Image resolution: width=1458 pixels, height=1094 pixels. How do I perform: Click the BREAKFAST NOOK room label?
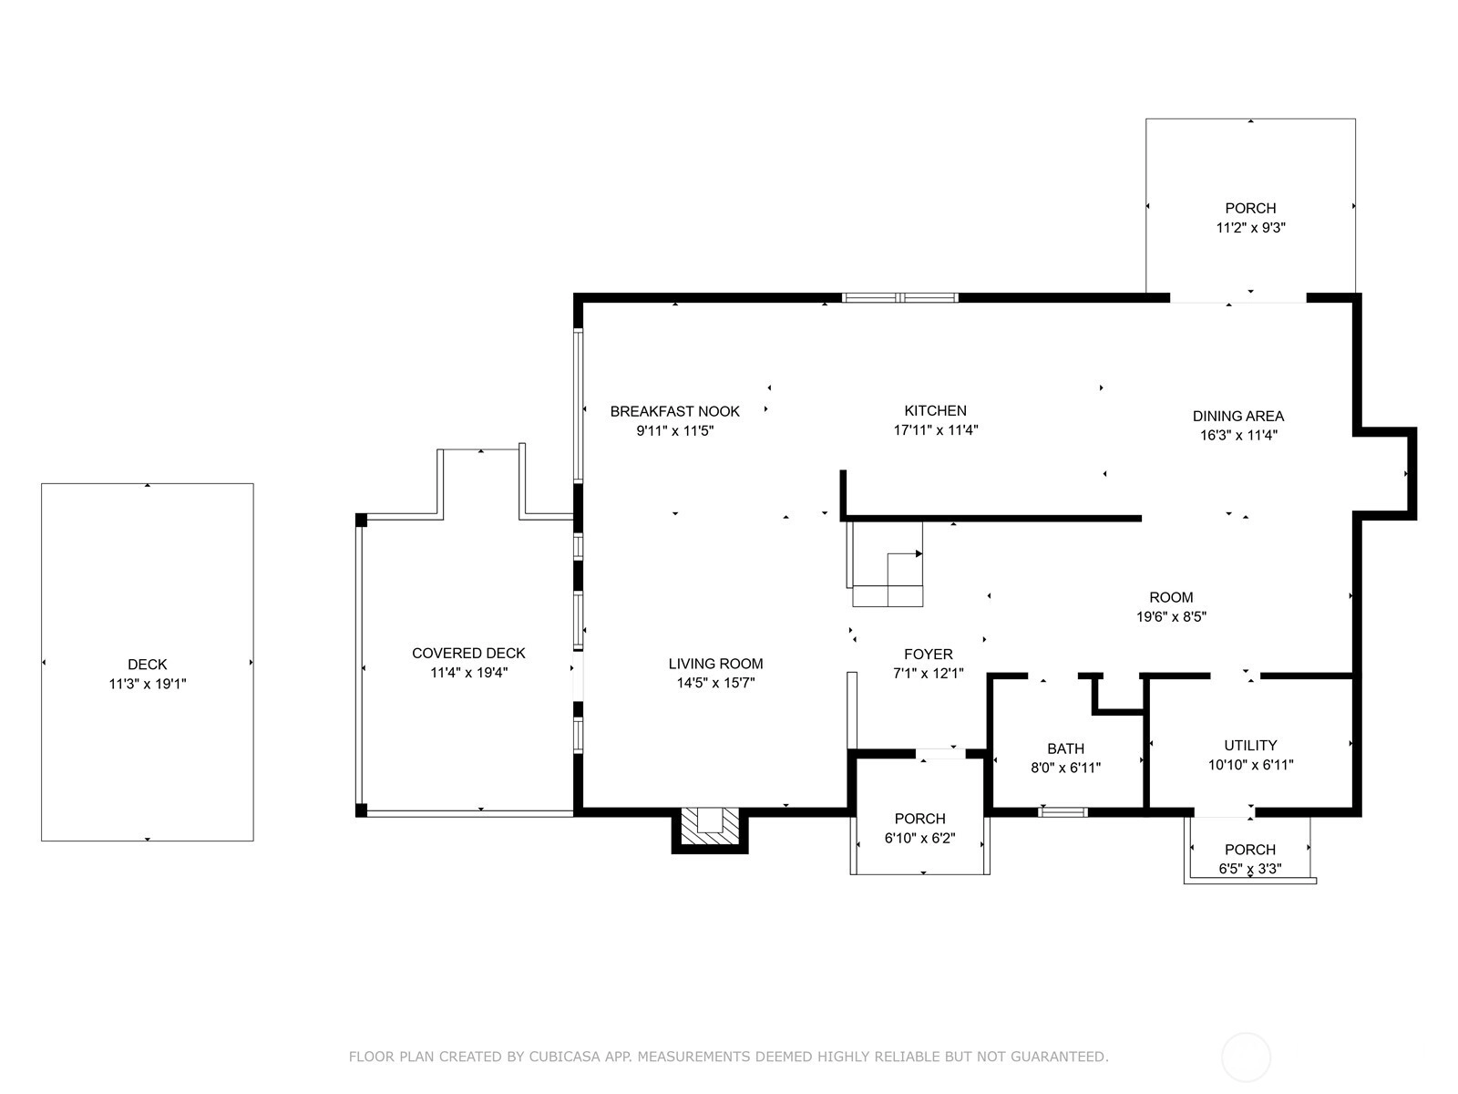click(x=674, y=411)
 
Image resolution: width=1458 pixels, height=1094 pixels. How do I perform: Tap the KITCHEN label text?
click(x=935, y=410)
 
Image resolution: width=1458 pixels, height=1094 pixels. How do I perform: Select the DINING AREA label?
click(x=1238, y=416)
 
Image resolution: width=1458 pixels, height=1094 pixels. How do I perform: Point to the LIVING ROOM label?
click(x=715, y=663)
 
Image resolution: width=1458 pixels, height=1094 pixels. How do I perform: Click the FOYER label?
click(x=928, y=654)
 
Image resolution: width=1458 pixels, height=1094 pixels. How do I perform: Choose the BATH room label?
click(x=1065, y=748)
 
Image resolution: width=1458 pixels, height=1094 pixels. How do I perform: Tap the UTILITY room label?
click(x=1250, y=745)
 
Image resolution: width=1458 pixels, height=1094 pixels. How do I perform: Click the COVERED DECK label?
click(x=468, y=653)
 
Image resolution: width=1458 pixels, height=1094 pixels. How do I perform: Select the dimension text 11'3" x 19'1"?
click(x=148, y=684)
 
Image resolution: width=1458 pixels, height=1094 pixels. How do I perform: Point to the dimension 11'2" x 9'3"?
click(x=1250, y=228)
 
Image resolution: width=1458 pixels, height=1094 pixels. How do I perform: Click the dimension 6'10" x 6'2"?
click(x=919, y=838)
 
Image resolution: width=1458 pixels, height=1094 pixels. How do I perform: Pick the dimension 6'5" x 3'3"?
click(x=1249, y=869)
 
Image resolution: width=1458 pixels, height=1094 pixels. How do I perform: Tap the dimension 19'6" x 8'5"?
click(x=1171, y=616)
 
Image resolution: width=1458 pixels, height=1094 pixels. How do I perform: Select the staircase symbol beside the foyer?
click(x=885, y=564)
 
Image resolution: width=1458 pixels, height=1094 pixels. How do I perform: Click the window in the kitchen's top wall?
click(x=899, y=297)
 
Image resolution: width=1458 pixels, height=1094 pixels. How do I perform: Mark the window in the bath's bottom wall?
click(x=1063, y=811)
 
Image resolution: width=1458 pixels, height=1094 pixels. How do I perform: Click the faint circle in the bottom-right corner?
click(x=1246, y=1058)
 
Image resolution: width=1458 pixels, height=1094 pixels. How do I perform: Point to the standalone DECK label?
click(x=148, y=665)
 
